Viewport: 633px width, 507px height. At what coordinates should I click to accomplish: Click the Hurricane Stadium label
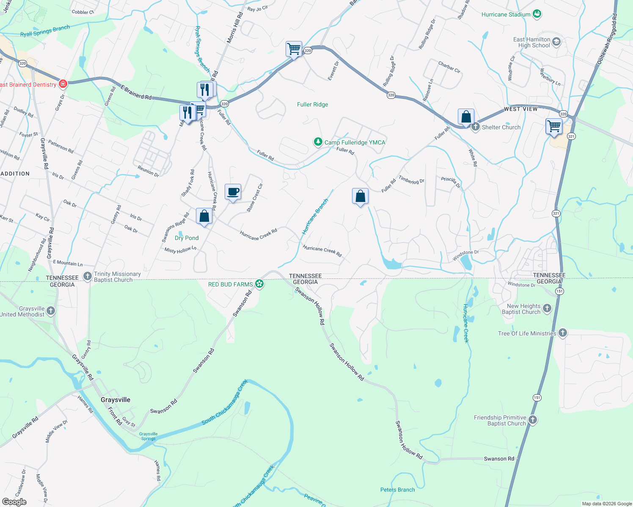click(506, 14)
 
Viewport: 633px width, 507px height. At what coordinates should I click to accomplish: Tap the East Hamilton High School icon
click(556, 41)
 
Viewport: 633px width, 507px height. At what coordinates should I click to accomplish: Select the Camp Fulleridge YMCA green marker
click(318, 142)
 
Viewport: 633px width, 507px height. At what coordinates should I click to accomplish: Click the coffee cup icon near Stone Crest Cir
click(233, 192)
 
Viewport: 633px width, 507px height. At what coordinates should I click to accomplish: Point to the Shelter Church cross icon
click(476, 127)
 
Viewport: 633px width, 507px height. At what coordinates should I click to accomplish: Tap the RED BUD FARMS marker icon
click(259, 284)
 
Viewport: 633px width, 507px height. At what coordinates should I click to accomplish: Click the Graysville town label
click(116, 400)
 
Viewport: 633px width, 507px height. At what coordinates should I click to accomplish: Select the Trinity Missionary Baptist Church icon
click(88, 277)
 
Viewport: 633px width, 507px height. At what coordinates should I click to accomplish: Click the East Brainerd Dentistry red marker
click(63, 84)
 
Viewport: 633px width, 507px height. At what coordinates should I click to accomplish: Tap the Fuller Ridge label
click(312, 104)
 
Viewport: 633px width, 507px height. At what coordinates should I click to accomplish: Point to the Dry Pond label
click(187, 238)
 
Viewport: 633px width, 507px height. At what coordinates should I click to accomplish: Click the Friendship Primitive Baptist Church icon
click(533, 420)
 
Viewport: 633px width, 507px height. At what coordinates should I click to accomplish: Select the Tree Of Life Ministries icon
click(562, 333)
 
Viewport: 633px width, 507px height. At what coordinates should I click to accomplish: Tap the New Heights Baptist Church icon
click(547, 308)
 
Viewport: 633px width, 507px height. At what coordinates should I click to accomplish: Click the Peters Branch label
click(397, 490)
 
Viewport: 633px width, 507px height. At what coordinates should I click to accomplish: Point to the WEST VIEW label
click(520, 109)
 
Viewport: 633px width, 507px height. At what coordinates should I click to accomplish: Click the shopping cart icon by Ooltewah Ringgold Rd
click(554, 126)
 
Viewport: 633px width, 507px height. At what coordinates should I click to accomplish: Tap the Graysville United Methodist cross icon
click(51, 311)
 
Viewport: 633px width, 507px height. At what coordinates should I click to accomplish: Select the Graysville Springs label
click(148, 436)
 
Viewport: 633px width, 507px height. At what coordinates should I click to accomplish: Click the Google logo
click(14, 502)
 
